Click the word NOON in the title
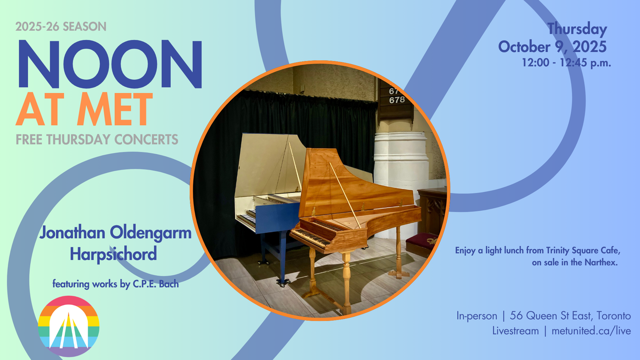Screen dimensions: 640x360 [110, 64]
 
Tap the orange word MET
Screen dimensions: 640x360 [115, 109]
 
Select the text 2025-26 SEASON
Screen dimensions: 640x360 [61, 27]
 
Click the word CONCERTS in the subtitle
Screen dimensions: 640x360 [146, 140]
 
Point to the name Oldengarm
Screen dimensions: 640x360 [151, 232]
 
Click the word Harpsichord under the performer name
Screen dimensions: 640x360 [113, 254]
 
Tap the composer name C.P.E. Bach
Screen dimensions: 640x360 [156, 284]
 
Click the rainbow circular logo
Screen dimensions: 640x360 [68, 326]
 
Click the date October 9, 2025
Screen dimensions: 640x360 [552, 47]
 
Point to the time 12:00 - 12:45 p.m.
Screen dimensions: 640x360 [567, 62]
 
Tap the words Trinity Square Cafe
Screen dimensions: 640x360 [583, 251]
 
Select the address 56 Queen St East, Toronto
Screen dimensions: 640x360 [570, 316]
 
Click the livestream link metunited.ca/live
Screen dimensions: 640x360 [591, 331]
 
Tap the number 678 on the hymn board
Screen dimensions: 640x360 [397, 100]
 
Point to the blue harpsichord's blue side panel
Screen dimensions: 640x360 [277, 218]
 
